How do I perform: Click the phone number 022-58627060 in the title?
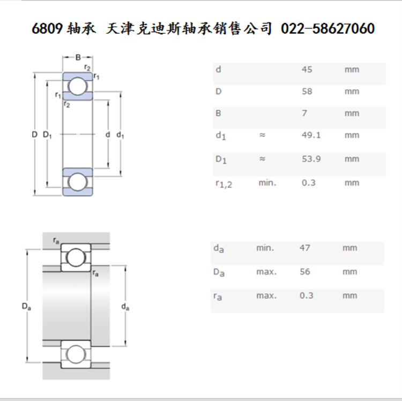click(x=327, y=28)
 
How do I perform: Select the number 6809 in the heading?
click(x=48, y=28)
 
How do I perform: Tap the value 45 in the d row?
click(x=307, y=70)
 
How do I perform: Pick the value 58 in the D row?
click(x=307, y=92)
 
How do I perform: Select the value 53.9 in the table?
click(x=311, y=159)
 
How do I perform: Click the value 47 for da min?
click(x=304, y=248)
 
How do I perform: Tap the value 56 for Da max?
click(x=304, y=272)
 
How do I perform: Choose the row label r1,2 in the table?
click(x=224, y=184)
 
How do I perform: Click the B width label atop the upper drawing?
click(x=78, y=57)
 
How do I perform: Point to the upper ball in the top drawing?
click(x=78, y=86)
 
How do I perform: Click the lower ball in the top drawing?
click(x=78, y=181)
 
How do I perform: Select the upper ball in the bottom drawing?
click(x=76, y=257)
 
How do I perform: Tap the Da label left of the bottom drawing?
click(x=26, y=306)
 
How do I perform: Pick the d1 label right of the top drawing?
click(x=120, y=135)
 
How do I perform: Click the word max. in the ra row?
click(x=266, y=295)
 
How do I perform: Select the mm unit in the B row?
click(x=352, y=114)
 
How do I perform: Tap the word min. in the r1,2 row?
click(x=267, y=183)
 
